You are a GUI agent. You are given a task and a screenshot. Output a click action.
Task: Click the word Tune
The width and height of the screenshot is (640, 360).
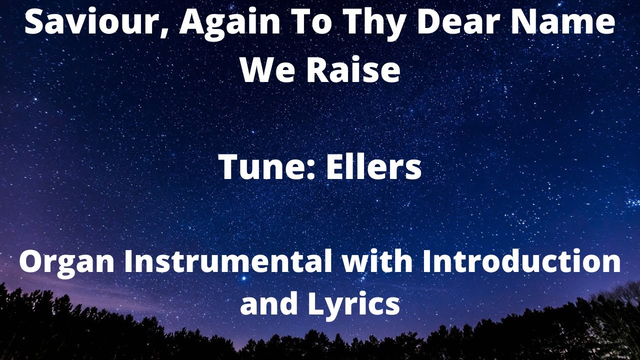coord(263,167)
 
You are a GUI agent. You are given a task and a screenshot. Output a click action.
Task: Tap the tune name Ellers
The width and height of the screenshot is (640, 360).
coord(373,167)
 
